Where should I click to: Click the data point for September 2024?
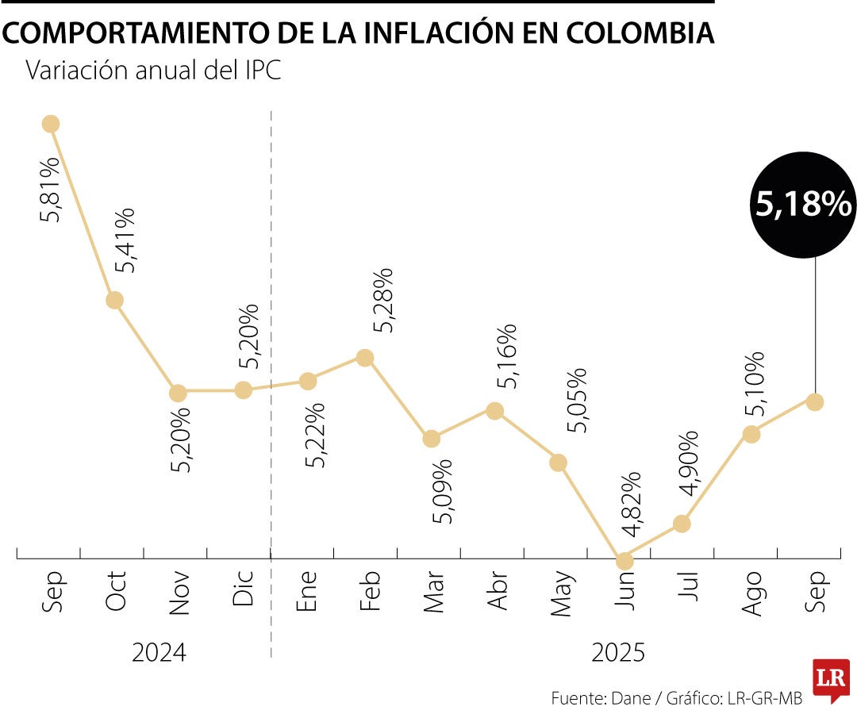click(x=51, y=123)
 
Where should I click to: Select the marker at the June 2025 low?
click(x=625, y=561)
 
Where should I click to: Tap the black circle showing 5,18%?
click(x=803, y=205)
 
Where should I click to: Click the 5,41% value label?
click(x=125, y=241)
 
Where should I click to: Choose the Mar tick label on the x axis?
click(x=433, y=592)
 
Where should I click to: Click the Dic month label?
click(x=243, y=589)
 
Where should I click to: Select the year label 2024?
click(x=159, y=653)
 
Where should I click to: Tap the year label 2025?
click(x=618, y=653)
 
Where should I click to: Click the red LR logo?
click(x=830, y=679)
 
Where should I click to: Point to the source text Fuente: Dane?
click(x=604, y=698)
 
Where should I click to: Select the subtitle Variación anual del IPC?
click(x=154, y=70)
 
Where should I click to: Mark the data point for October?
click(x=114, y=300)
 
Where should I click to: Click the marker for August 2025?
click(x=751, y=434)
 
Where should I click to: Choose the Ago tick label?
click(x=751, y=592)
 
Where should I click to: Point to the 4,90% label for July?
click(x=687, y=463)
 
